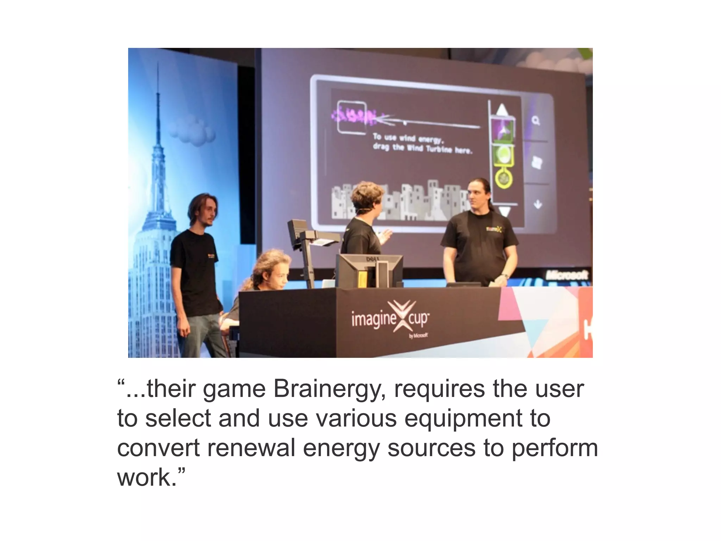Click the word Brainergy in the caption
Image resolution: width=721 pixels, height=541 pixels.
tap(327, 389)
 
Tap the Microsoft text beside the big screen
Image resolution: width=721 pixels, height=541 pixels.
tap(566, 275)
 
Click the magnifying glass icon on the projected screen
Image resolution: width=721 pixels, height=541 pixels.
tap(536, 121)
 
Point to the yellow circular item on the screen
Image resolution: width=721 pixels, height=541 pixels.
tap(504, 178)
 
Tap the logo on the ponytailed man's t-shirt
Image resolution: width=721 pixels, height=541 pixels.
tap(494, 229)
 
